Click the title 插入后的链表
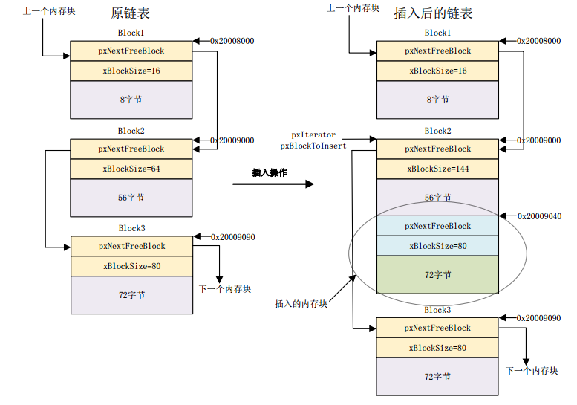click(433, 13)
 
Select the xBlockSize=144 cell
click(437, 169)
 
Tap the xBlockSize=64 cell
click(131, 169)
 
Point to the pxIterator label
click(313, 135)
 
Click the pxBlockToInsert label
click(313, 146)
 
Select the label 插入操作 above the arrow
click(269, 172)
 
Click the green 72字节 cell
click(437, 274)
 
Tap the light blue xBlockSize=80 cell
click(437, 246)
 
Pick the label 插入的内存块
click(301, 303)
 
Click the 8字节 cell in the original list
click(131, 100)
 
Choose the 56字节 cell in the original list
click(131, 198)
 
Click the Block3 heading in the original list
click(131, 228)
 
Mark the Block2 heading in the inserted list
click(437, 131)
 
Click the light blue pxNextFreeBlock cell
click(437, 226)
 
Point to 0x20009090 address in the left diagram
click(232, 237)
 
